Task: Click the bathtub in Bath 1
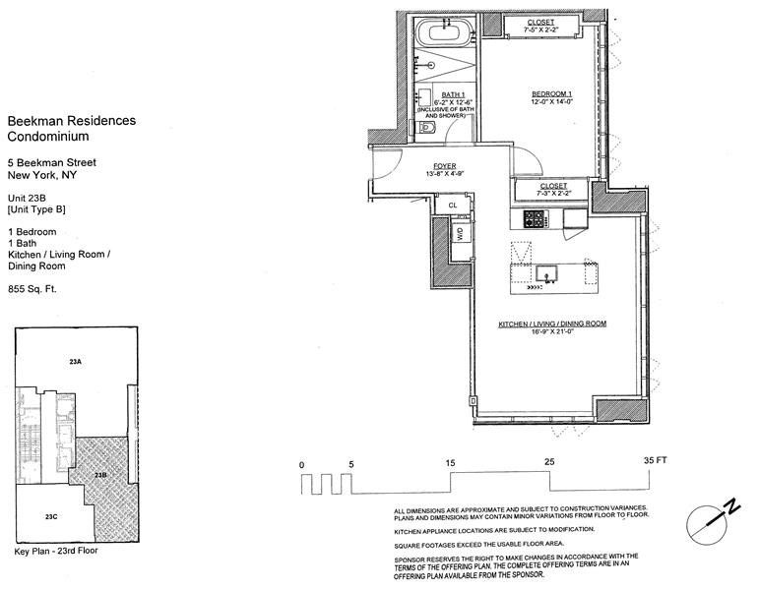point(444,32)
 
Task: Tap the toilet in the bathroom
point(426,128)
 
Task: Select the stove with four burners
point(535,219)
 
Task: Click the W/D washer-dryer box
point(461,235)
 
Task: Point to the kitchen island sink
point(547,273)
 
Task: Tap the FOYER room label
point(444,166)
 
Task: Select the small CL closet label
point(452,206)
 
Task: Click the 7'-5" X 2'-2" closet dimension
point(540,29)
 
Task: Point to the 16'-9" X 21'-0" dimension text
point(552,331)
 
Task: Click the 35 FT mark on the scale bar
point(655,460)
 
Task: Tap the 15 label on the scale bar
point(450,463)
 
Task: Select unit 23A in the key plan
point(75,361)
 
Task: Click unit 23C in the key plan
point(51,516)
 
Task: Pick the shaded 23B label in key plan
point(100,475)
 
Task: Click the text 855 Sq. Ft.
point(32,289)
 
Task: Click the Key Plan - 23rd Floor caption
point(56,551)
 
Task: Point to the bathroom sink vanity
point(424,95)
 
